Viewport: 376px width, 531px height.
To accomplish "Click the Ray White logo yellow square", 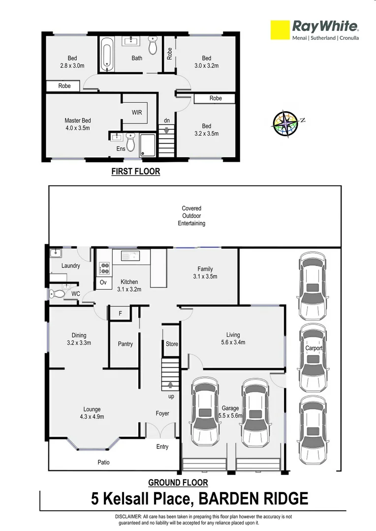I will pos(280,29).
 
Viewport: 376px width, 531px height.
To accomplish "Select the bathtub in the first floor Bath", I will pos(106,55).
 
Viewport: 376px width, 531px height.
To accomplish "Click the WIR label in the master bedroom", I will pos(137,113).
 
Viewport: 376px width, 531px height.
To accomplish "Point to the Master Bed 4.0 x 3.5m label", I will pos(78,124).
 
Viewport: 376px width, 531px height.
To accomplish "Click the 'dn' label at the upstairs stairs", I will pos(167,121).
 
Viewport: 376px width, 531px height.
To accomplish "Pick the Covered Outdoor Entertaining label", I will pos(191,216).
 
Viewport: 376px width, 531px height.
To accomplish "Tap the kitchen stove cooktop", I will pos(104,268).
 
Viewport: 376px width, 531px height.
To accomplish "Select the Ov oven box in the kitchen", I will pos(103,283).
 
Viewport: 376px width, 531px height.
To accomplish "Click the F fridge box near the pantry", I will pos(120,313).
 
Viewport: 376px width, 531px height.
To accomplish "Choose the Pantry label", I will pos(125,344).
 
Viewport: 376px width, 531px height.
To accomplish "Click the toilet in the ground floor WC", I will pos(57,294).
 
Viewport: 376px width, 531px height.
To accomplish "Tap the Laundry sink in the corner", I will pos(55,254).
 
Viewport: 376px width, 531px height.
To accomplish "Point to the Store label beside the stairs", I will pos(172,344).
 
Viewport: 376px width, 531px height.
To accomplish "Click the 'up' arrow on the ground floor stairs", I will pos(170,386).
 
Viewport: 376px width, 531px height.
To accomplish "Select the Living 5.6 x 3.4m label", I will pos(232,339).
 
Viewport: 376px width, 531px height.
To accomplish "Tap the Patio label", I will pos(103,462).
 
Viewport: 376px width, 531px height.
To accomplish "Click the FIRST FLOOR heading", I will pos(135,172).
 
